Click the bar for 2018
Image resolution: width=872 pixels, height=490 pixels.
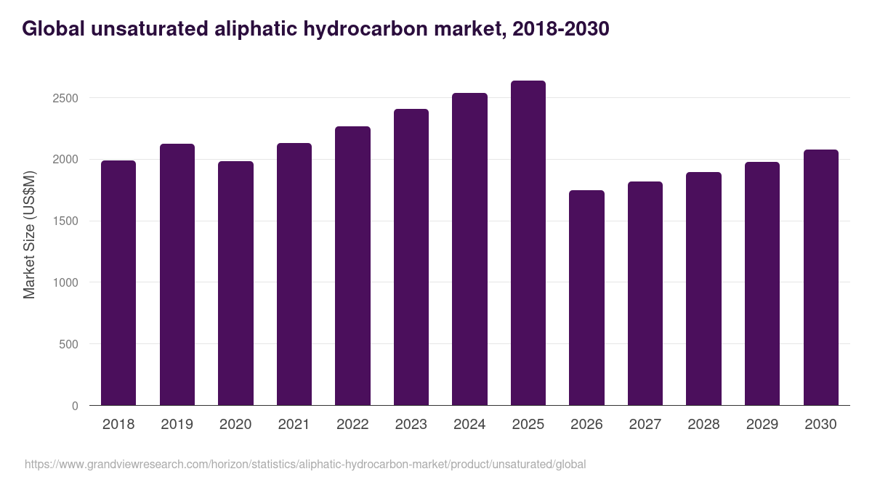tap(118, 283)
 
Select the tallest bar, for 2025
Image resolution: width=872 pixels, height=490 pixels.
tap(528, 243)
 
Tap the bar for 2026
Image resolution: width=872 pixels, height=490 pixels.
tap(586, 298)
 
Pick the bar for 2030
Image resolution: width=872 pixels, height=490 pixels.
tap(820, 277)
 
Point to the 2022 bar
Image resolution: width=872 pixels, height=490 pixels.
tap(352, 266)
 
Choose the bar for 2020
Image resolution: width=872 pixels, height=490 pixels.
tap(235, 283)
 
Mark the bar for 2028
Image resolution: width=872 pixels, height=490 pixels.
tap(703, 289)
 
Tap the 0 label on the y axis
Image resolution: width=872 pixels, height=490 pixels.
tap(75, 406)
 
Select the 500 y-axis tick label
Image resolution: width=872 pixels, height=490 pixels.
tap(68, 344)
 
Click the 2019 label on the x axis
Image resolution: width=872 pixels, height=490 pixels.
tap(177, 425)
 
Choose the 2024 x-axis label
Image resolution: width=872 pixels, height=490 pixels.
tap(469, 425)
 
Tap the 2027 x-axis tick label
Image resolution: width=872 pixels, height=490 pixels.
tap(645, 425)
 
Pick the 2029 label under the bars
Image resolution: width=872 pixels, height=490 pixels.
tap(762, 425)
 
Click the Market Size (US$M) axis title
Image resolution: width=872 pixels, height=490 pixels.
tap(29, 234)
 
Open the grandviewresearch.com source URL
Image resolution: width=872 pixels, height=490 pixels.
tap(304, 464)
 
